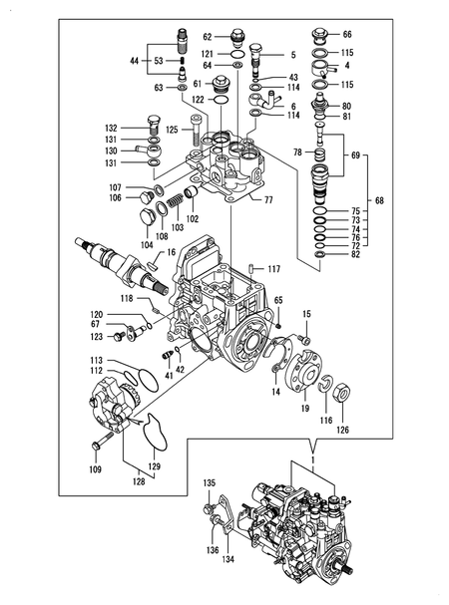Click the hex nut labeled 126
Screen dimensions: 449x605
[341, 392]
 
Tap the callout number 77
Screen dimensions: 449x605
[268, 200]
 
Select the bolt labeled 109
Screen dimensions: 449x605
[102, 441]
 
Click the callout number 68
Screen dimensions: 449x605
[379, 200]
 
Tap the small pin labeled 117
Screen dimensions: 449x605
[251, 268]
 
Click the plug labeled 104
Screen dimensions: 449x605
[146, 217]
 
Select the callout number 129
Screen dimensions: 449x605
[154, 466]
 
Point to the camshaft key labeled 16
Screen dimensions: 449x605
[153, 265]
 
